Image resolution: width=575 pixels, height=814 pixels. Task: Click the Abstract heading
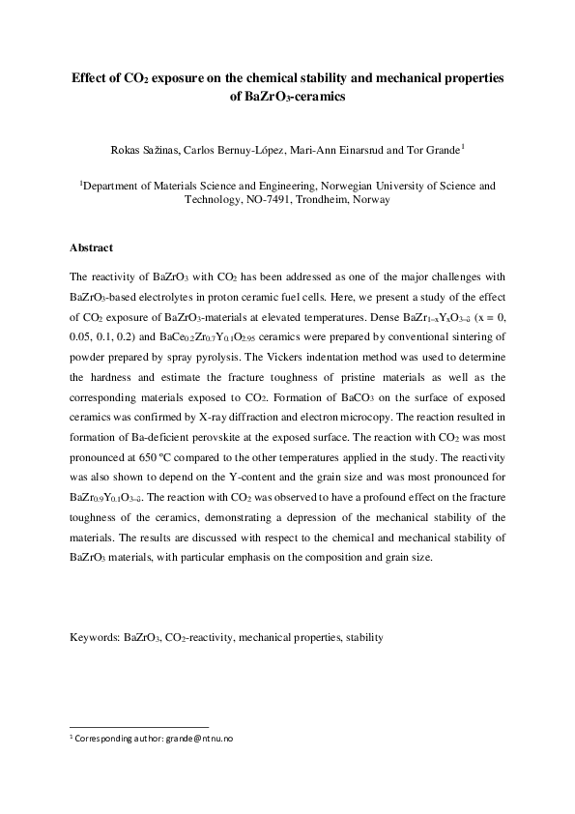[92, 248]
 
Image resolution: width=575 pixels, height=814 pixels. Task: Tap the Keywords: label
[95, 638]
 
